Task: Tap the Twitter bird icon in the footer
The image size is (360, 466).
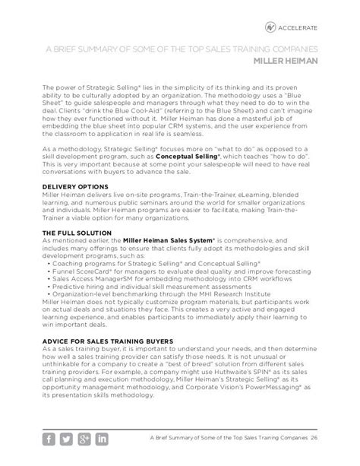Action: click(68, 439)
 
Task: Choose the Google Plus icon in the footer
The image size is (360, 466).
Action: click(85, 439)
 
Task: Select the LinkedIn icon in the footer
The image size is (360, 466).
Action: click(102, 439)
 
